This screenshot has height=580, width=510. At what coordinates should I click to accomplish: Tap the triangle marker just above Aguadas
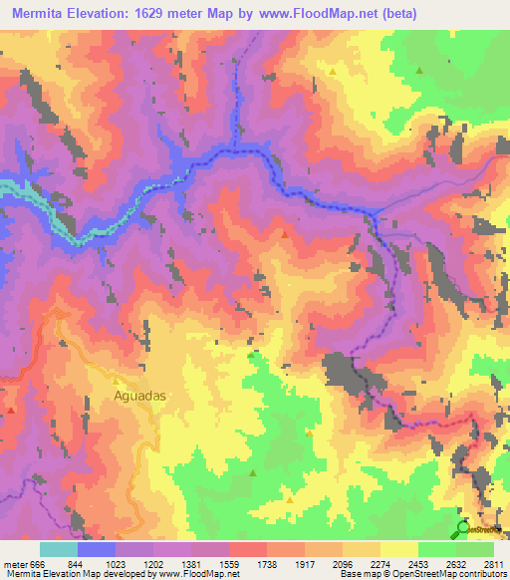(x=116, y=381)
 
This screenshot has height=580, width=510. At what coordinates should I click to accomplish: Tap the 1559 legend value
(x=229, y=563)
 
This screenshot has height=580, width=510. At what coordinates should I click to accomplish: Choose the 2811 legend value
(x=494, y=563)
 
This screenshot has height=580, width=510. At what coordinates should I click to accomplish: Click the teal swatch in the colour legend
(x=59, y=549)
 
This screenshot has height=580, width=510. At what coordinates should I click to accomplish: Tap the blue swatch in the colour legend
(x=97, y=549)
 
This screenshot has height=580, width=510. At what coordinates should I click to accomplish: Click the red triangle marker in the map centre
(x=286, y=235)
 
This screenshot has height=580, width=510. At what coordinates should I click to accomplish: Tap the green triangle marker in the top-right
(x=419, y=71)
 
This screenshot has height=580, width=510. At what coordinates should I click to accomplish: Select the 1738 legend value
(x=267, y=563)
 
